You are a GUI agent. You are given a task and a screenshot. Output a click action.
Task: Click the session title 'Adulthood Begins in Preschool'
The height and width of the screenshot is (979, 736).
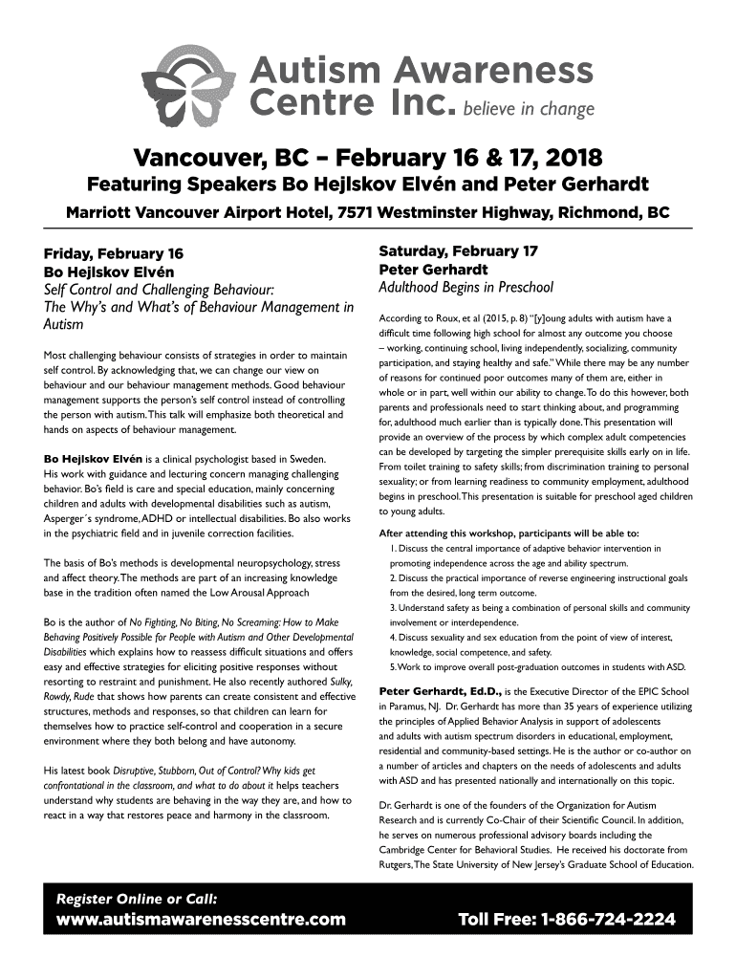pyautogui.click(x=466, y=287)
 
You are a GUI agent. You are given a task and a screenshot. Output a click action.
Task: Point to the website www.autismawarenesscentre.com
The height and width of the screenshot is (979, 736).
pyautogui.click(x=200, y=921)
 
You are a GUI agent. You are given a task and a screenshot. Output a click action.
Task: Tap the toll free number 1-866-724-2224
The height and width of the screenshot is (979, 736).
pyautogui.click(x=568, y=921)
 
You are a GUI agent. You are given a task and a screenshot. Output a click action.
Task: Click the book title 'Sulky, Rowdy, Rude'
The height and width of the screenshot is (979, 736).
pyautogui.click(x=329, y=682)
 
